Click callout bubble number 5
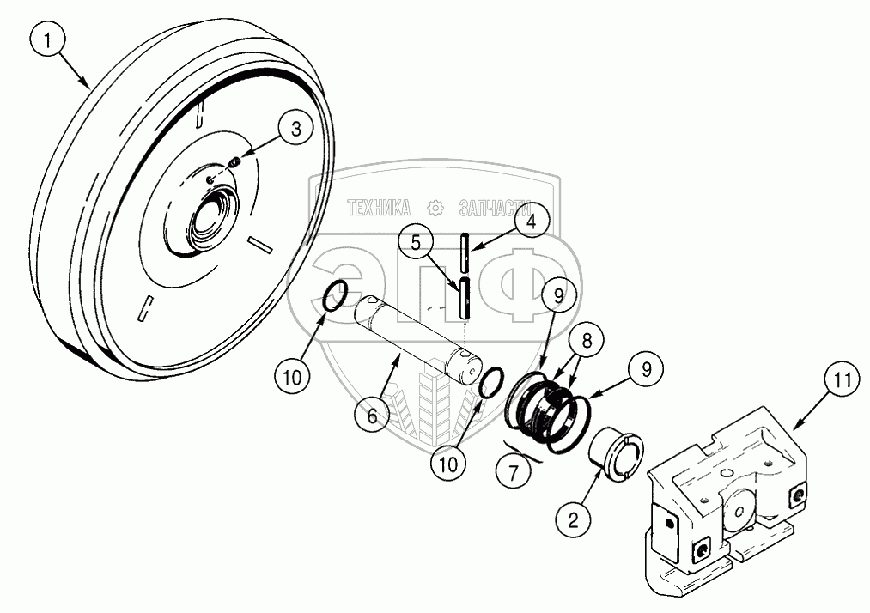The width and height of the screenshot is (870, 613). [416, 243]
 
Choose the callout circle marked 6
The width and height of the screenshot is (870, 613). [372, 415]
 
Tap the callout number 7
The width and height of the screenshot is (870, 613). [514, 471]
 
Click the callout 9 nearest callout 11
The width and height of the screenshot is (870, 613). [645, 369]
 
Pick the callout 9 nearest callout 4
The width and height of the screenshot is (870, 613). [558, 296]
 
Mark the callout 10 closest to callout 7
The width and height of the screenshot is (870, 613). [449, 463]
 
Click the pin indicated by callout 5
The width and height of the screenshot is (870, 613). [465, 299]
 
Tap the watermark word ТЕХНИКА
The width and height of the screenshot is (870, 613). [378, 207]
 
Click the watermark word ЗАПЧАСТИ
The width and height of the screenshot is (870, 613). [491, 207]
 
